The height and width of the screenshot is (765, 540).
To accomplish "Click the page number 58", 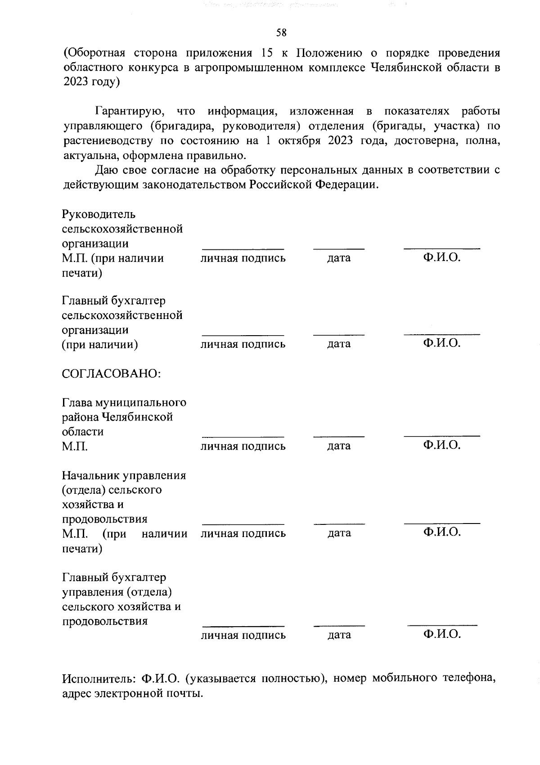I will [x=281, y=32].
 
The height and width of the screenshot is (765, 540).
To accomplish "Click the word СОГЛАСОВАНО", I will [x=112, y=374].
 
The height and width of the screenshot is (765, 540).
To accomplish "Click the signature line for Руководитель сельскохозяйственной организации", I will [x=243, y=249].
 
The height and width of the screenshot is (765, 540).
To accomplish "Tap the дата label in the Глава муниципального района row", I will [x=339, y=446].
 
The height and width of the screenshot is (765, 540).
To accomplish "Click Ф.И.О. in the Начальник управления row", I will [x=442, y=533].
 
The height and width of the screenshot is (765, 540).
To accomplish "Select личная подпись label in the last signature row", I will [x=243, y=635].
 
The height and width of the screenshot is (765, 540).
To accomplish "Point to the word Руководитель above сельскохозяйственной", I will [x=99, y=214].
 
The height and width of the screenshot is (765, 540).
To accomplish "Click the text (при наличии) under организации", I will [x=99, y=345].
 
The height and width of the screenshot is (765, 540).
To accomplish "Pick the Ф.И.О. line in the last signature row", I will [x=442, y=625].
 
